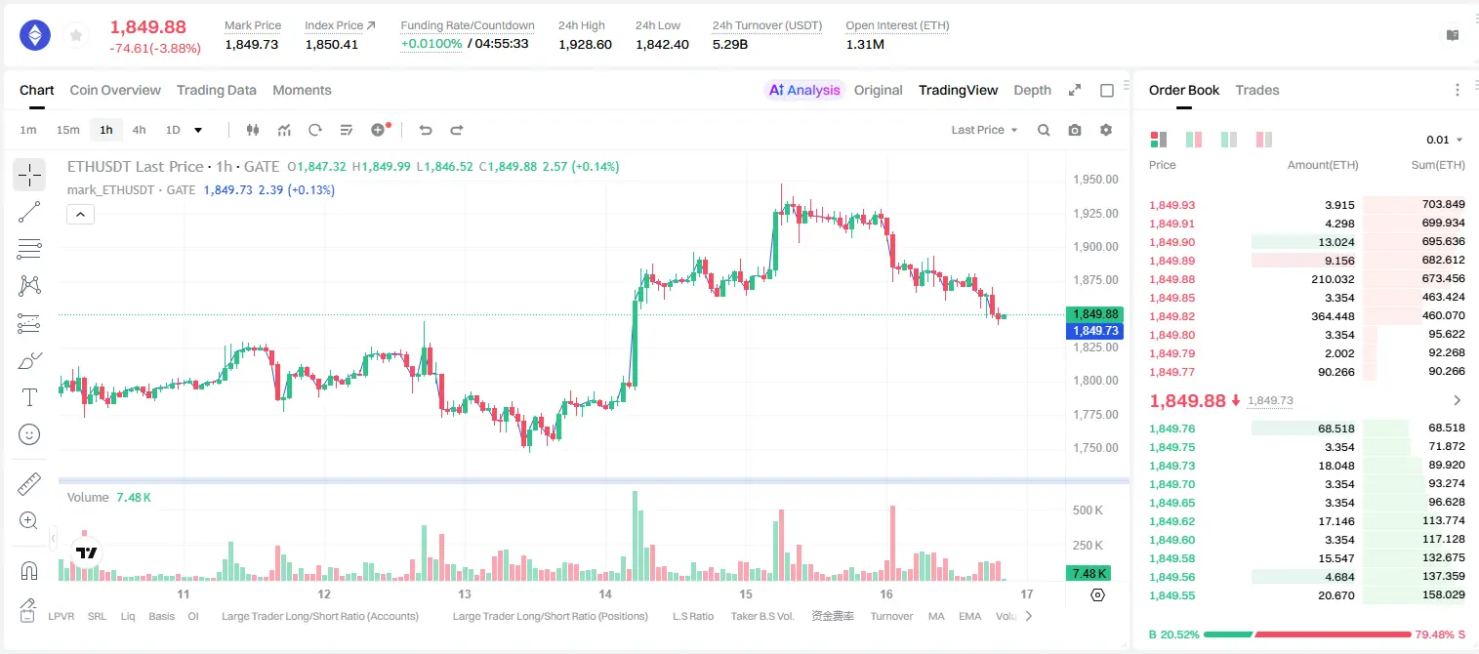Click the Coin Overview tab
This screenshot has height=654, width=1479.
tap(115, 90)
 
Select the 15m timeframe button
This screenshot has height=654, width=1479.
tap(68, 130)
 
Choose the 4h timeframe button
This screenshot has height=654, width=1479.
tap(139, 130)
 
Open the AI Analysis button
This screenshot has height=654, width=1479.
tap(804, 90)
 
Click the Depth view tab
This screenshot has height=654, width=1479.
tap(1032, 90)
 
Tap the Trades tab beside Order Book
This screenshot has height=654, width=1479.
tap(1257, 90)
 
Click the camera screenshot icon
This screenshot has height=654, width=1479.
tap(1075, 130)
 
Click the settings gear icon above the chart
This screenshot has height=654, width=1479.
tap(1106, 130)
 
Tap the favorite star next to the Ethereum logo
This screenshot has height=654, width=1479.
tap(76, 35)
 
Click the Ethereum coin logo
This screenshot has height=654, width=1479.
tap(35, 35)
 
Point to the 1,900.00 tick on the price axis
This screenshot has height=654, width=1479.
tap(1095, 247)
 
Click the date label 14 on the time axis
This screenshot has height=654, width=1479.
tap(605, 593)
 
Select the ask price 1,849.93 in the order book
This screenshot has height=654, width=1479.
tap(1172, 205)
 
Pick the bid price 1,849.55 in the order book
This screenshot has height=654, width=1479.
tap(1172, 595)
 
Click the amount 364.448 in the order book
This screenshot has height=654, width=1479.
tap(1333, 316)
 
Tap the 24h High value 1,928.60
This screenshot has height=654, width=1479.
tap(585, 44)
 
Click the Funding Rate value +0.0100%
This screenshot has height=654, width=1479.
tap(431, 44)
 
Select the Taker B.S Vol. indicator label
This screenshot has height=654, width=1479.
tap(761, 616)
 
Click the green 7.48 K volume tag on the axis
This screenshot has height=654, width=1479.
tap(1089, 574)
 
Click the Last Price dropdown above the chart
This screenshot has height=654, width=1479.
tap(984, 130)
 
